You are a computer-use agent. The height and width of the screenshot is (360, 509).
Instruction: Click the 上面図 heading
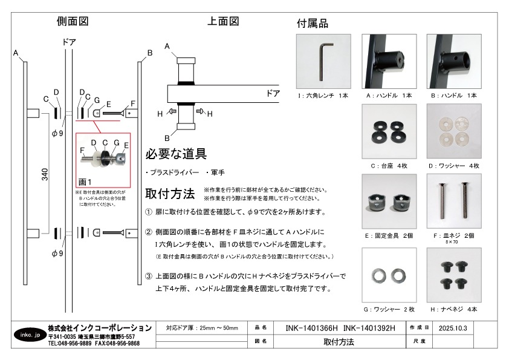coord(223,21)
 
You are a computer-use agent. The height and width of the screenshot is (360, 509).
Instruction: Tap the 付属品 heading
coord(313,24)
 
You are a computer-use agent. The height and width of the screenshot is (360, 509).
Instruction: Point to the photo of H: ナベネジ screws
coord(453,275)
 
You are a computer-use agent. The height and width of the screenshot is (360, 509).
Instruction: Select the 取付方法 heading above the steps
coord(170,194)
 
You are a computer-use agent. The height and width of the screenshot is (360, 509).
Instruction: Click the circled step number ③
coord(149,277)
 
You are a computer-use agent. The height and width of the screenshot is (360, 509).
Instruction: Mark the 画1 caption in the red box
coord(85,181)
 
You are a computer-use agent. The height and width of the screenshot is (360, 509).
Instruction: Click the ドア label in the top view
coord(273,93)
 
